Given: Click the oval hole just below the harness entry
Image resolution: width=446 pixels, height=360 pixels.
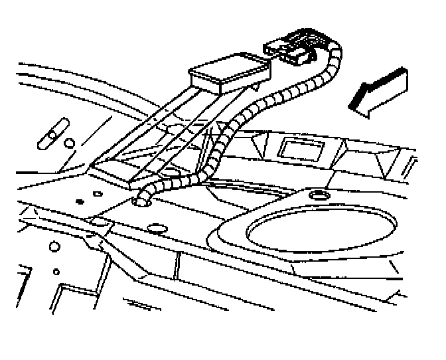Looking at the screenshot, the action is [157, 228].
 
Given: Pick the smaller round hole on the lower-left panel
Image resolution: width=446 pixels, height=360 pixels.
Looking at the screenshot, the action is [56, 271].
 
